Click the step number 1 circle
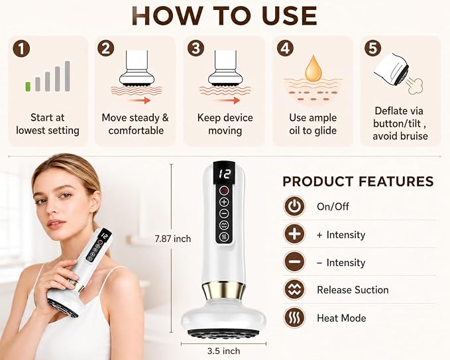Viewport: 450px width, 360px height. pos(21,49)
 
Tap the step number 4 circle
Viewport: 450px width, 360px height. pos(285,48)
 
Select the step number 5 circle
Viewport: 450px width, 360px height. pos(372,48)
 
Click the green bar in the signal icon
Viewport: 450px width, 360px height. pos(28,87)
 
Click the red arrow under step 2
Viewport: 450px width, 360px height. pos(139,100)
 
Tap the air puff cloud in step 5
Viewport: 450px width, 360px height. pos(415,86)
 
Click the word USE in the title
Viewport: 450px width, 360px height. pos(289,16)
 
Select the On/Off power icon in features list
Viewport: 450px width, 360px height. pos(294,206)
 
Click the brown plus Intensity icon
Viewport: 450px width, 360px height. pos(294,234)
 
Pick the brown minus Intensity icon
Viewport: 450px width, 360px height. pos(294,262)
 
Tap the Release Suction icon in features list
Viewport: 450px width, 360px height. pos(294,290)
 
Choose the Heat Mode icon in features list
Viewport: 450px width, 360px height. pos(294,318)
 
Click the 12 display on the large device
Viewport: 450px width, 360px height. pos(224,174)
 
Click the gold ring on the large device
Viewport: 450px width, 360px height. pos(223,290)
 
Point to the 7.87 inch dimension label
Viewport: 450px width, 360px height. pos(172,239)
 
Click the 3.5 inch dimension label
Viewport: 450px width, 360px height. pos(223,351)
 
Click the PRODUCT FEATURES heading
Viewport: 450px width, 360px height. pos(358,182)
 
